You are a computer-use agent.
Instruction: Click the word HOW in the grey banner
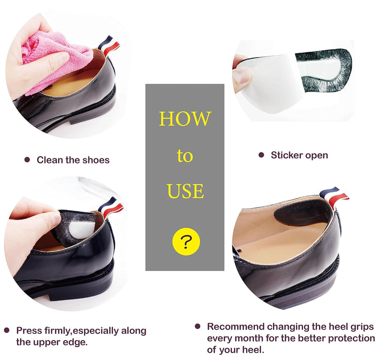tap(185, 119)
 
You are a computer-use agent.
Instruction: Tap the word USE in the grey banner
tap(185, 191)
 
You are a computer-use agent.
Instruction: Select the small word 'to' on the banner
tap(185, 156)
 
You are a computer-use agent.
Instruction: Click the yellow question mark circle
tap(186, 241)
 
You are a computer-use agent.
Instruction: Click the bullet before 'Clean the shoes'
tap(27, 159)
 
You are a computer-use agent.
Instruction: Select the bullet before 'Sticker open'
tap(261, 155)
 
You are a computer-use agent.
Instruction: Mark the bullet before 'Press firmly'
tap(7, 330)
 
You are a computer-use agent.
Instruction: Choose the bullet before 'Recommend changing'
tap(197, 327)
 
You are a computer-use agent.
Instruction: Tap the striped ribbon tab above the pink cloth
tap(109, 45)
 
